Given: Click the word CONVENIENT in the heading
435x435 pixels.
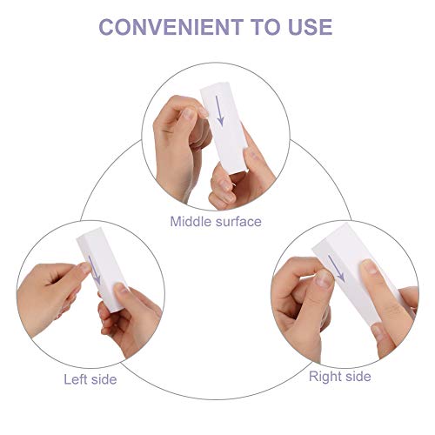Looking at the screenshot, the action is [171, 27].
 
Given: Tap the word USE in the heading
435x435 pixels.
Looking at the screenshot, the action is [311, 27].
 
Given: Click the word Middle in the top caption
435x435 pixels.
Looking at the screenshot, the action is [191, 222].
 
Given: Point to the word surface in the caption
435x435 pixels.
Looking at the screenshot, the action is [238, 222].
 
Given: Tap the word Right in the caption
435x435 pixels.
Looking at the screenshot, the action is [322, 377].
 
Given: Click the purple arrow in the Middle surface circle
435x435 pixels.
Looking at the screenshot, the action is [220, 111].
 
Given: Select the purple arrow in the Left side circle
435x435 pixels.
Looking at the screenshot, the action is [94, 270].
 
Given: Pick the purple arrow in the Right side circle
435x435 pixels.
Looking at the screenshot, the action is [337, 268].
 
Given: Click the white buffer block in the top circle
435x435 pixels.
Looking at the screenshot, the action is [224, 128].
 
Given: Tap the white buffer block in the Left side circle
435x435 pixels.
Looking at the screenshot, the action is [101, 270].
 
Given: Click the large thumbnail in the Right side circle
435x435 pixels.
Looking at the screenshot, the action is [325, 279].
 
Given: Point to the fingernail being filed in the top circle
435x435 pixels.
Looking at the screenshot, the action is [203, 111].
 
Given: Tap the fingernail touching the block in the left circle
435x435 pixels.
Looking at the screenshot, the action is [86, 268].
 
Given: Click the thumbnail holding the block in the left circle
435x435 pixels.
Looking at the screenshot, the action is [121, 289].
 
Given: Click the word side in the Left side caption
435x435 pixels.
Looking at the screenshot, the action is [104, 379].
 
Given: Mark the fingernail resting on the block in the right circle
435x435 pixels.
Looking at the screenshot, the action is [369, 267].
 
